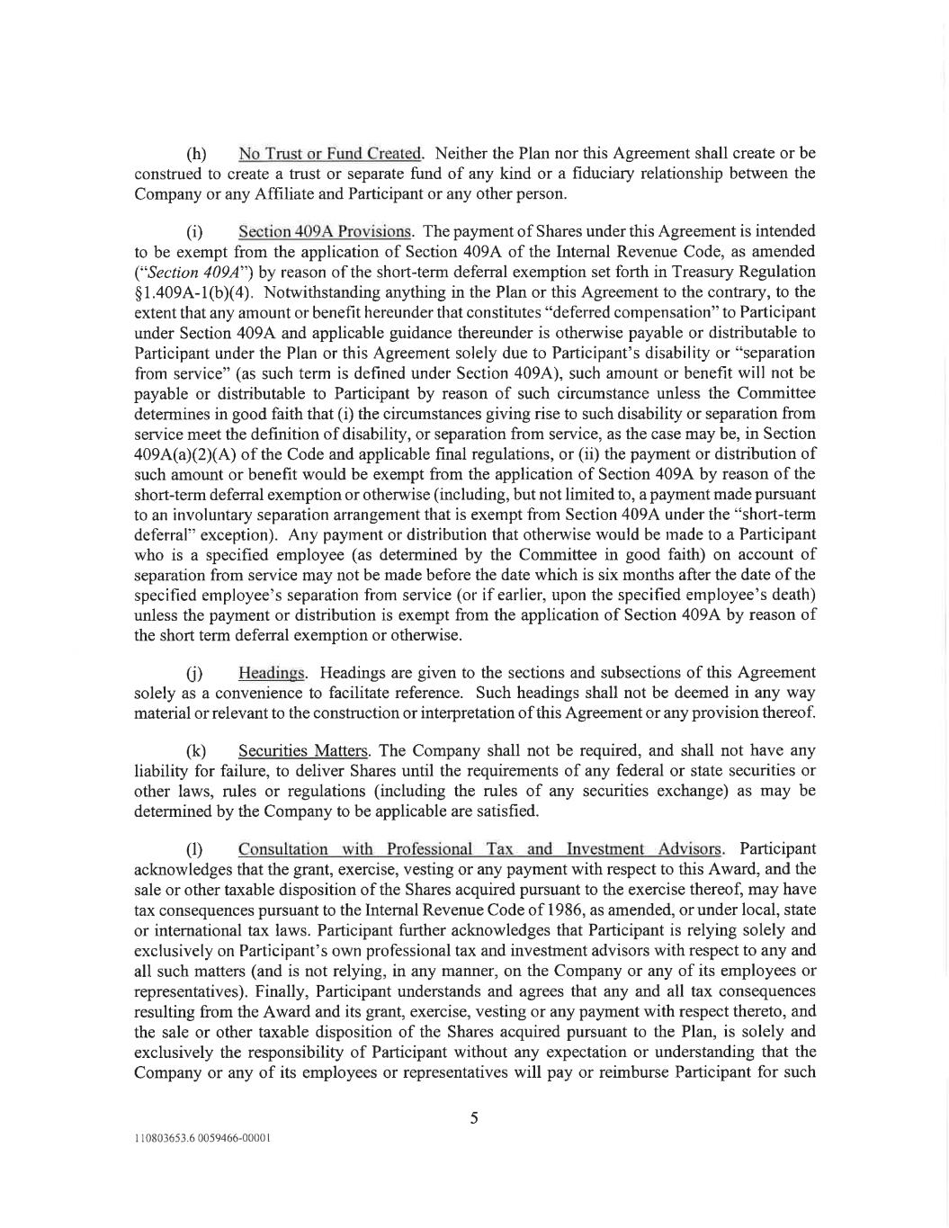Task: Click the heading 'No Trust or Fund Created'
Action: point(330,153)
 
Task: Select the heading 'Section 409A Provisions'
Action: point(325,231)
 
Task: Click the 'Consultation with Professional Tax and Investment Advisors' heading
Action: point(479,848)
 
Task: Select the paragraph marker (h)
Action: point(196,154)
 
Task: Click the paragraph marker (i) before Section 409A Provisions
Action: point(194,232)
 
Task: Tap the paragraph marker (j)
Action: point(194,674)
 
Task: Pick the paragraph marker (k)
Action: point(196,751)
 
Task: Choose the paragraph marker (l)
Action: point(194,849)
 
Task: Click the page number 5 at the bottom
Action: point(474,1118)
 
